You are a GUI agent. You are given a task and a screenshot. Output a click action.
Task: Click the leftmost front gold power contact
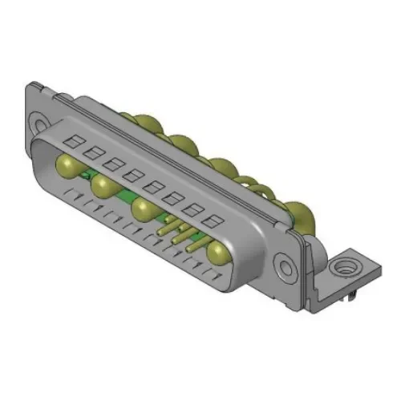pos(67,166)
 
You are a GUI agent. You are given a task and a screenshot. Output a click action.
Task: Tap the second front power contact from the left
pos(104,187)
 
